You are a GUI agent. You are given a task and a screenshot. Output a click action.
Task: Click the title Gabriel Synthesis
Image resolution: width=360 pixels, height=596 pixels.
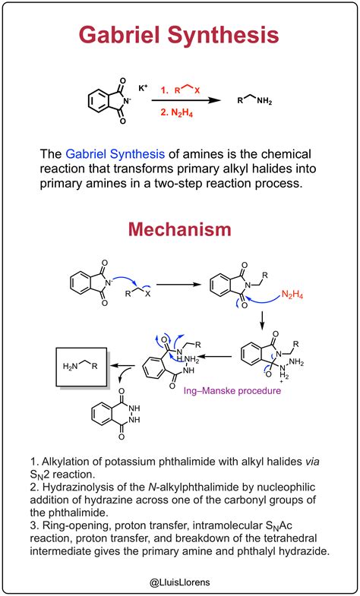179,36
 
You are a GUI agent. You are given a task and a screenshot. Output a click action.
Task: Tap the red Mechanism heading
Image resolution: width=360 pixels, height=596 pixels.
179,230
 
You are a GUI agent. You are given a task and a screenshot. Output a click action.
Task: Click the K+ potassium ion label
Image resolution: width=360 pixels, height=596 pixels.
144,88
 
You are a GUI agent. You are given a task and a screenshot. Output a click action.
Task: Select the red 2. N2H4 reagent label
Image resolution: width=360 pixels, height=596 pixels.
176,113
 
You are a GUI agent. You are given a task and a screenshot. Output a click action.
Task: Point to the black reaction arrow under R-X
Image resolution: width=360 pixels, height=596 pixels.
186,100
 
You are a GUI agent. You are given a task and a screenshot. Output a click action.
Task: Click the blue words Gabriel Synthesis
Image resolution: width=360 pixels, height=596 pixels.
115,155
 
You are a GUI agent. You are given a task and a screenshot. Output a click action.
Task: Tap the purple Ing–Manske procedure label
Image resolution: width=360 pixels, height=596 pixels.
232,390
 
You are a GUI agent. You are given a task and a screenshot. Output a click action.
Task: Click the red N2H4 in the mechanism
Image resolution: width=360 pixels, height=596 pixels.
292,295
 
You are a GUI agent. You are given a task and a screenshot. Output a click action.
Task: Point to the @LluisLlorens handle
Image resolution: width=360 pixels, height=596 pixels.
180,582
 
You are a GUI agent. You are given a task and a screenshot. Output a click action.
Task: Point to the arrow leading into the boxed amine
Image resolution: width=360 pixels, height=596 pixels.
123,366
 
